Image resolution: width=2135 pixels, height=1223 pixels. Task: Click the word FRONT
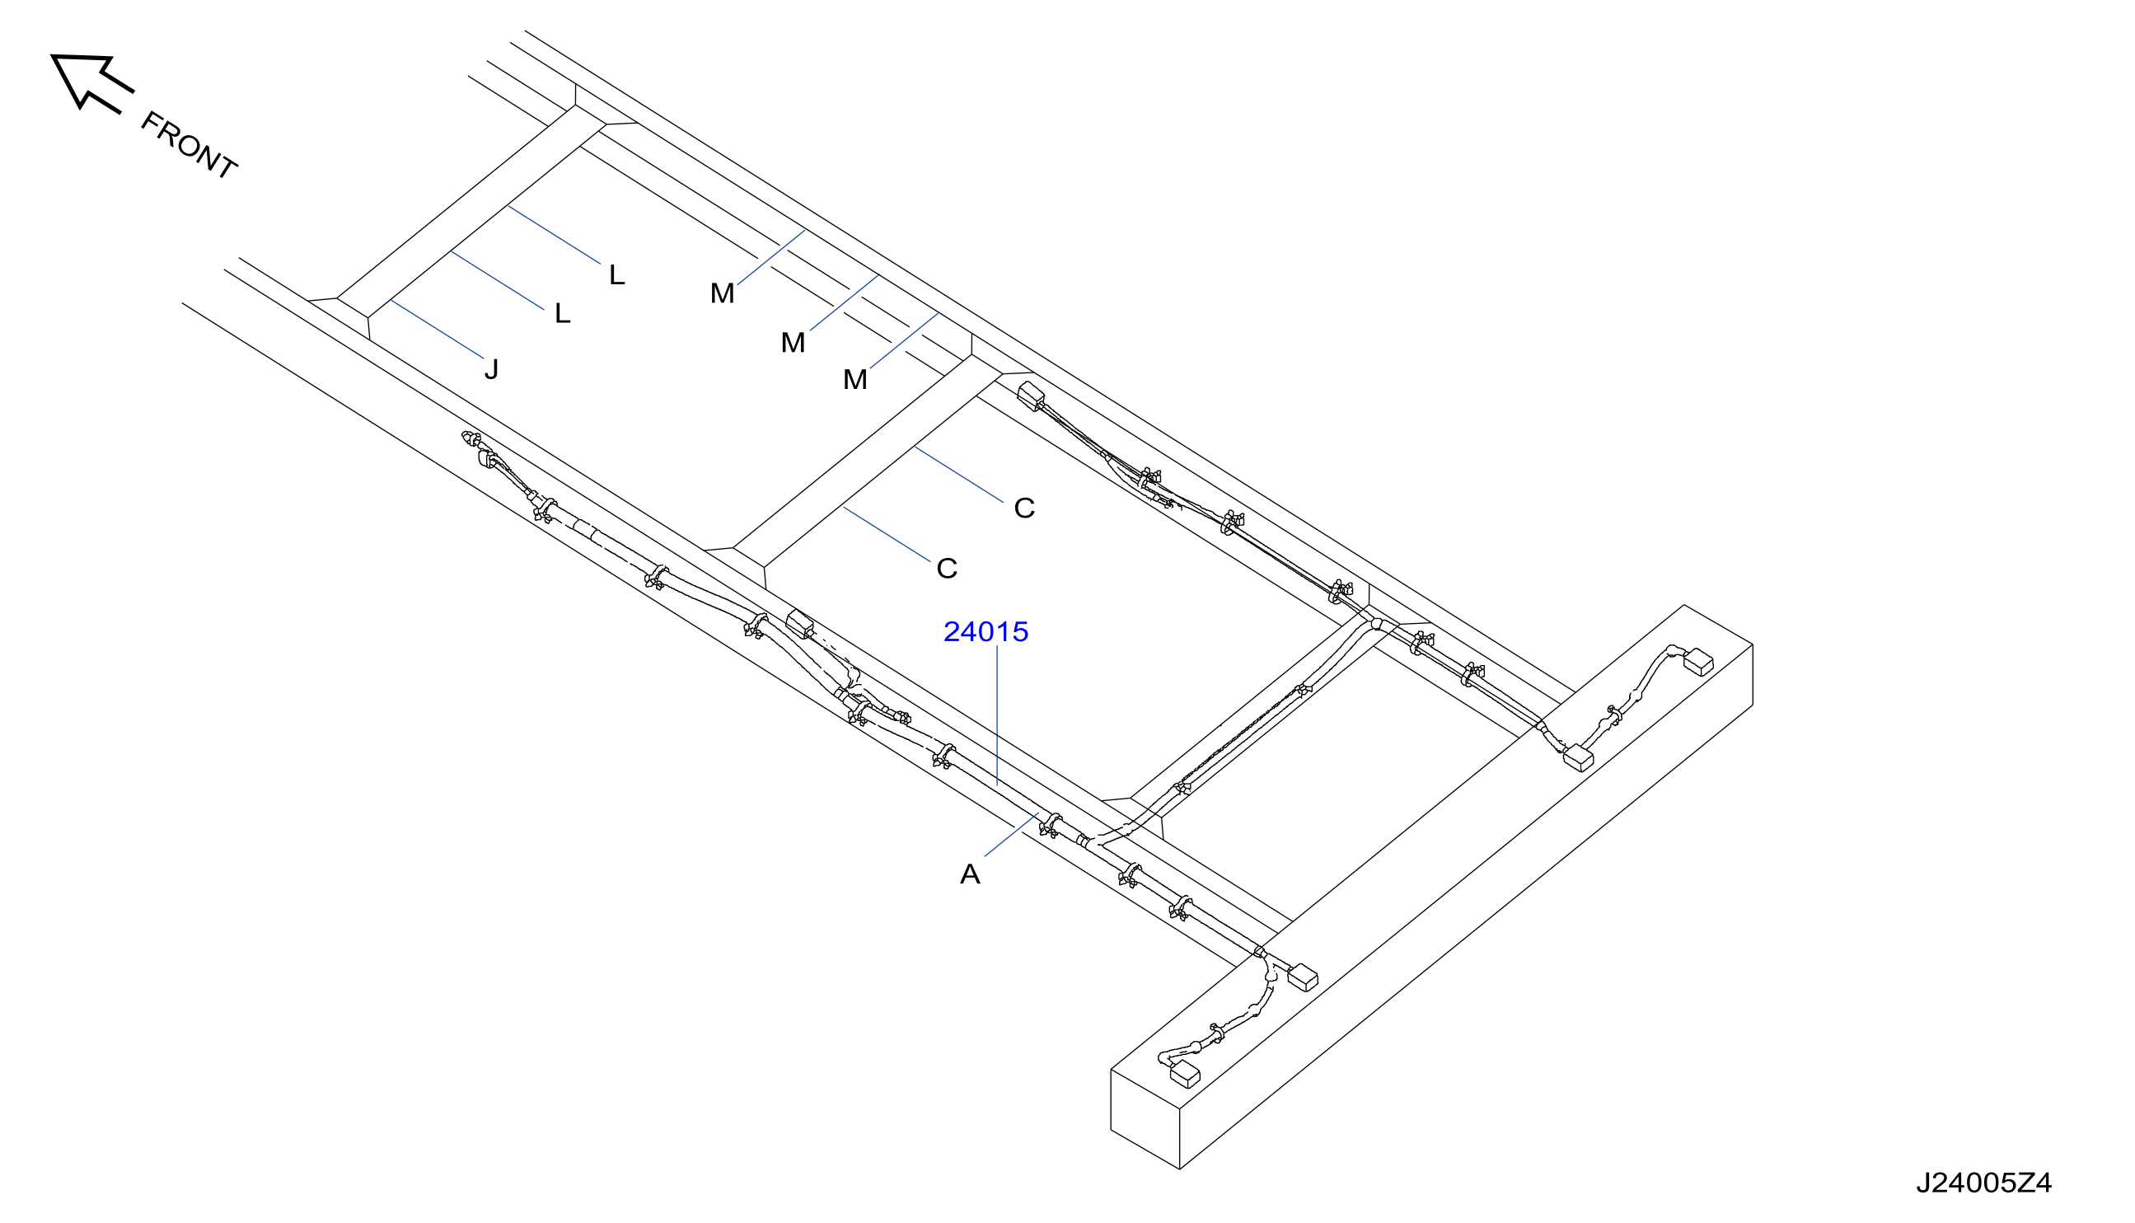click(189, 145)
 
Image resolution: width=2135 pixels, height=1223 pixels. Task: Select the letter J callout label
click(491, 368)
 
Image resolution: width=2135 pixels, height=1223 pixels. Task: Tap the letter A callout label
click(970, 874)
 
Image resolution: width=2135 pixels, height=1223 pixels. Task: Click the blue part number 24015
click(986, 631)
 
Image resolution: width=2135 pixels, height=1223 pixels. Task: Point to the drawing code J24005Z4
click(1984, 1183)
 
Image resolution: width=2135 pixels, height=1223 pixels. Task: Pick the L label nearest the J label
click(563, 313)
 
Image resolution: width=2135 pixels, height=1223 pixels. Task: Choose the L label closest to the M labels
click(617, 274)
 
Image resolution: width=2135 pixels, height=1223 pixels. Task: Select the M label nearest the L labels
click(723, 293)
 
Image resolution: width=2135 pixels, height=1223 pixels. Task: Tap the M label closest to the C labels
click(855, 380)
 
